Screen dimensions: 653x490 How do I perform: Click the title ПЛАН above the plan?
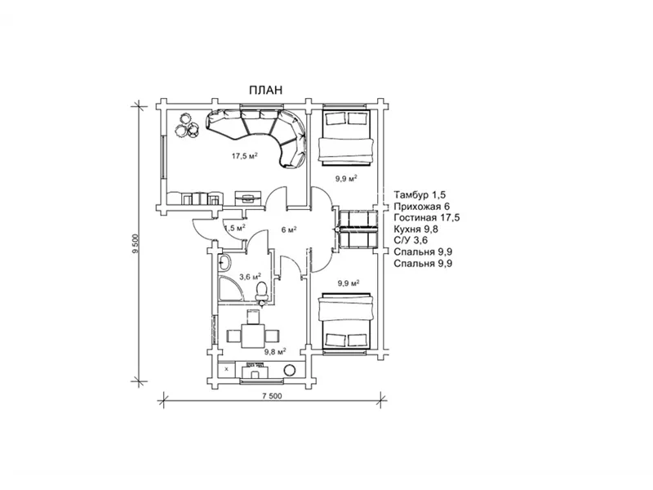(266, 90)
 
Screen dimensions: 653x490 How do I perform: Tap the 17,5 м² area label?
(244, 156)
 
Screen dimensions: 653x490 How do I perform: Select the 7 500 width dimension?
(272, 396)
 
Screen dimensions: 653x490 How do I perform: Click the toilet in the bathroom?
(261, 292)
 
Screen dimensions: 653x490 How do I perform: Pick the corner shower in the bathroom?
(229, 287)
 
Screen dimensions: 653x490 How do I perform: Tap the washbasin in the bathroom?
(224, 262)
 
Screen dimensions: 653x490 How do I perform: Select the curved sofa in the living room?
(260, 133)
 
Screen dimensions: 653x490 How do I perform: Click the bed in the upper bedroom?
(344, 137)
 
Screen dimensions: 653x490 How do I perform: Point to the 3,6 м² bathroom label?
(251, 276)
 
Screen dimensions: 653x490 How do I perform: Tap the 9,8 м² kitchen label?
(275, 352)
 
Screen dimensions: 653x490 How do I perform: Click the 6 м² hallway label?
(289, 229)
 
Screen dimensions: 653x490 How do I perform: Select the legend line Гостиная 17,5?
(427, 217)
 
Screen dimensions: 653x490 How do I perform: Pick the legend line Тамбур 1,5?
(420, 194)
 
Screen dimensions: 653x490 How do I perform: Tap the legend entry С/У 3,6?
(411, 240)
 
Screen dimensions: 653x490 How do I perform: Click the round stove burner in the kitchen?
(290, 370)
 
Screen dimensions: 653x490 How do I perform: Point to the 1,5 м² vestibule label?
(234, 228)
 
